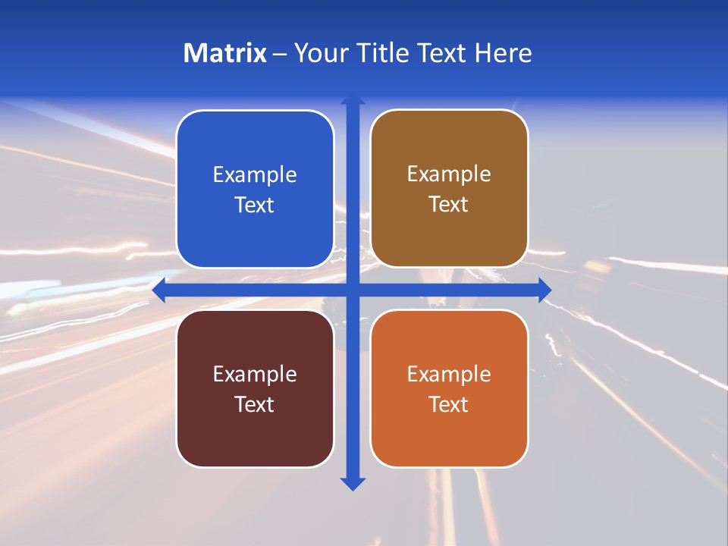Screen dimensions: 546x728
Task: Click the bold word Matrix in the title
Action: (x=224, y=53)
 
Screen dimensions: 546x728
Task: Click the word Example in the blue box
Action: (x=255, y=175)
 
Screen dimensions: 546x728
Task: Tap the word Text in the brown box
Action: (x=449, y=205)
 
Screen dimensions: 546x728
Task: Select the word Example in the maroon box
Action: (x=255, y=375)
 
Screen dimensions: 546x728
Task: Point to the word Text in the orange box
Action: (x=449, y=405)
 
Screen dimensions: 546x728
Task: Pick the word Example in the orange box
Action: (x=449, y=375)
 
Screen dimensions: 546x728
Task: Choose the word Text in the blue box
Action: (x=255, y=206)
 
